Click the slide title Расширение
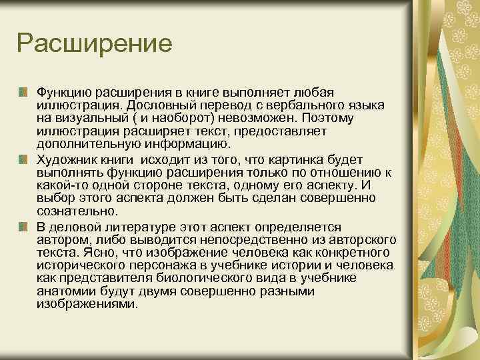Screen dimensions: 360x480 [95, 45]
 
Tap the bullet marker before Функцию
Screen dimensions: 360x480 [23, 90]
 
